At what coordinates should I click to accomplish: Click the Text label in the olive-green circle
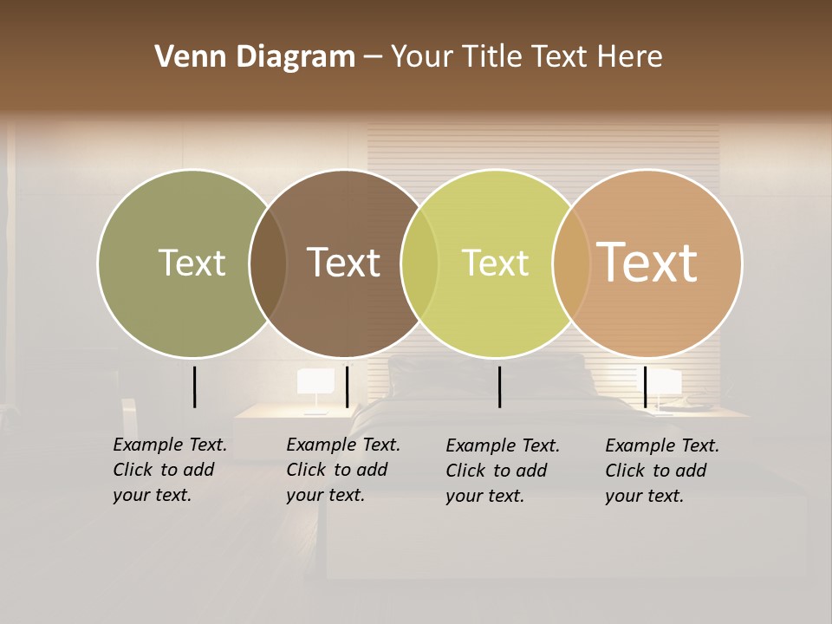192,263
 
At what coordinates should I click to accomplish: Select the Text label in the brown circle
343,263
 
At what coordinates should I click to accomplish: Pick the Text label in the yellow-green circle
495,263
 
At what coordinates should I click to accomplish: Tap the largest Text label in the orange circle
647,263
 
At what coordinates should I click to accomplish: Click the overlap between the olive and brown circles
268,263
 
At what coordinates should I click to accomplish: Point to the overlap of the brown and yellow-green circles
419,263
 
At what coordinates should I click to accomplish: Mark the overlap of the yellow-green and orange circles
571,263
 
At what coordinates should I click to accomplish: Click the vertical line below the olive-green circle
194,387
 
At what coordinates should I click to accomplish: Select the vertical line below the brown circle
347,387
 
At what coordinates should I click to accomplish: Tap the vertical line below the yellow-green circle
499,387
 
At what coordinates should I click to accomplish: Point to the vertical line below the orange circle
645,387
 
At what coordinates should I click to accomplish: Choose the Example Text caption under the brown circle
342,470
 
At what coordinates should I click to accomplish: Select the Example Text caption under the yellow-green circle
502,471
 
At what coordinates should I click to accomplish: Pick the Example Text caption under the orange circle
661,471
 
